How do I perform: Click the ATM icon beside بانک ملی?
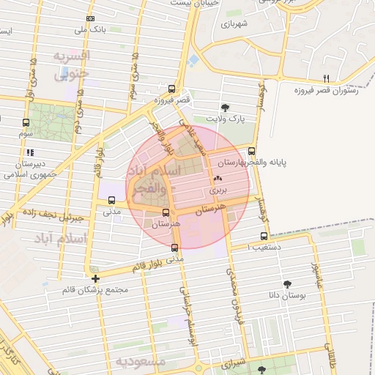[x=89, y=18]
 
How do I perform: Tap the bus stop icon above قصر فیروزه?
[x=172, y=86]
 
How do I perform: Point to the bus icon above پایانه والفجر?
[x=252, y=152]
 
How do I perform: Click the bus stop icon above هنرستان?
[x=166, y=213]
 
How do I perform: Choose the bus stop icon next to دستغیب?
[x=264, y=236]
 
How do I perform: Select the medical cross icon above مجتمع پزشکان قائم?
[x=96, y=278]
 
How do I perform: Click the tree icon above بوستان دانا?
[x=286, y=283]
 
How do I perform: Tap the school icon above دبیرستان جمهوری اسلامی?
[x=29, y=152]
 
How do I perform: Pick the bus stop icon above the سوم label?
[x=26, y=122]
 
